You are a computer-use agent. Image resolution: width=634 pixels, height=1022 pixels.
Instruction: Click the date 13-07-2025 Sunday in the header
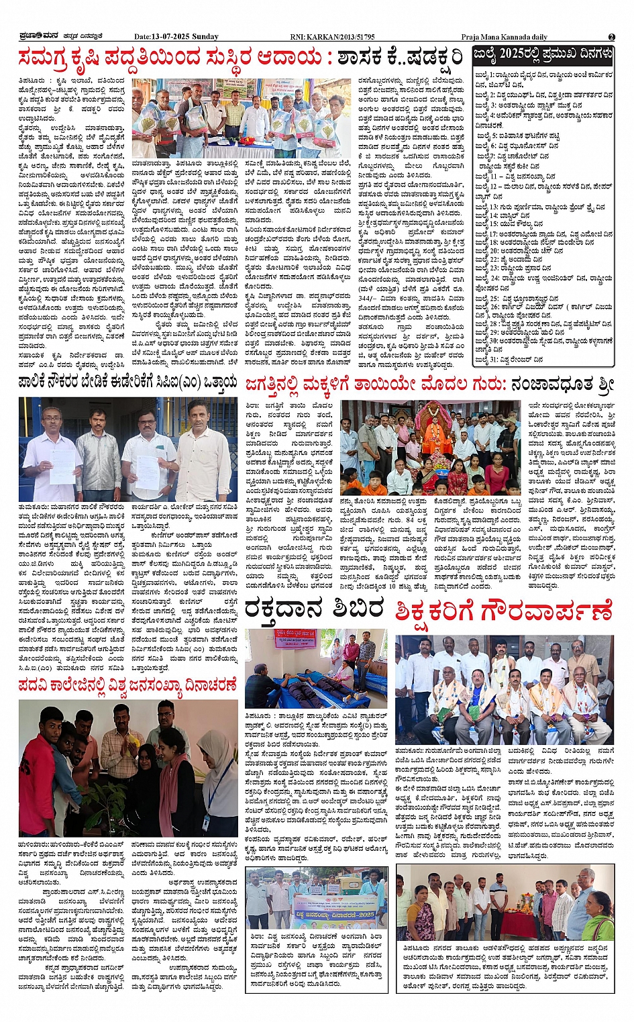click(x=176, y=37)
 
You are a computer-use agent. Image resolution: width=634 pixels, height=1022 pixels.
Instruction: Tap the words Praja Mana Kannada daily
click(x=504, y=37)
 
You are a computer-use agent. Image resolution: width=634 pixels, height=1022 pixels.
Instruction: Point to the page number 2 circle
click(x=611, y=37)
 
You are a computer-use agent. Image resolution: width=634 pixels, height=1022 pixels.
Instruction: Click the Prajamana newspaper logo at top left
click(x=40, y=37)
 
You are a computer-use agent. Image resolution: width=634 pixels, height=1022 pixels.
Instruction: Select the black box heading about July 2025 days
click(x=542, y=54)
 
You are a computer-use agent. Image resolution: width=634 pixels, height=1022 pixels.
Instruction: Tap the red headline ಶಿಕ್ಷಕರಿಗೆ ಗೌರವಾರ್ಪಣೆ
click(x=504, y=611)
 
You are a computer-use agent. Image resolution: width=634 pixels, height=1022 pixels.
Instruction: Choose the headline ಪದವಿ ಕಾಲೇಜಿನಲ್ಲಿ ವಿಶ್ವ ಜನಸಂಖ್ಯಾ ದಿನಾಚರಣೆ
click(x=127, y=684)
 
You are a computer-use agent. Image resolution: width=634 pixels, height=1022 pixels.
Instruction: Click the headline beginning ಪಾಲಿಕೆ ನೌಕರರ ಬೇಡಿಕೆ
click(x=127, y=382)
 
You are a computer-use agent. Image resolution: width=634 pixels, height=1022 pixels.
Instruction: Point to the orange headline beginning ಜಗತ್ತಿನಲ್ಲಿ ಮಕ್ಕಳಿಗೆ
click(x=429, y=384)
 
